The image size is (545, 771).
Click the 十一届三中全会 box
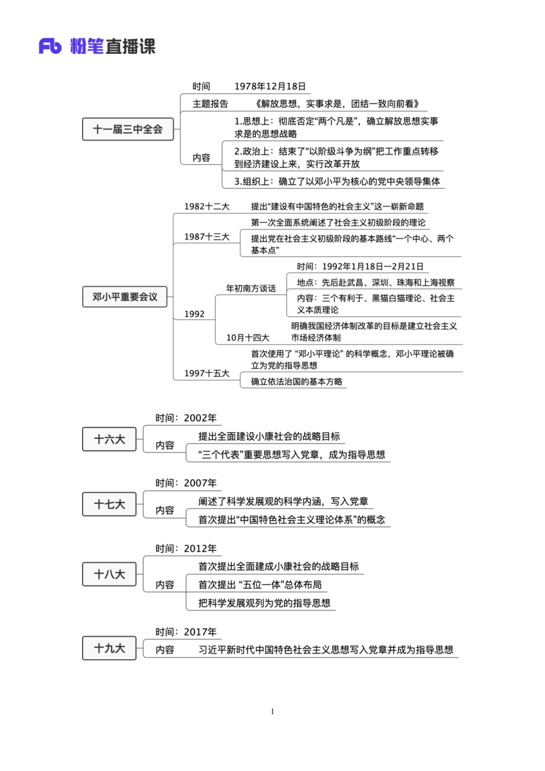[x=127, y=130]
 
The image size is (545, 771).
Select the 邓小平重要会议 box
[x=124, y=297]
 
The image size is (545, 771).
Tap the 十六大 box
[x=109, y=439]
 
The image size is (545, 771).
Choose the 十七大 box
[x=109, y=504]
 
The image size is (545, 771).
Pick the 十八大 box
[x=109, y=574]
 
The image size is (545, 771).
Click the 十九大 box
[x=109, y=648]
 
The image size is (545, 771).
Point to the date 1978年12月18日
[x=270, y=87]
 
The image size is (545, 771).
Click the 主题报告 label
[x=210, y=104]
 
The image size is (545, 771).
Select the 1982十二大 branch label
[x=207, y=207]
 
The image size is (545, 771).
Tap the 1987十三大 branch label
[x=207, y=237]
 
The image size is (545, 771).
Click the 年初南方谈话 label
[x=251, y=289]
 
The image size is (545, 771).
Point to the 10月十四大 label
[x=247, y=338]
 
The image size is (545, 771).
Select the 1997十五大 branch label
[x=207, y=373]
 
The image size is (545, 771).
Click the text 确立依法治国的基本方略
[x=296, y=381]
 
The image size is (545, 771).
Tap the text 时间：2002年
[x=186, y=418]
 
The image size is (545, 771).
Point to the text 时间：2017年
[x=186, y=632]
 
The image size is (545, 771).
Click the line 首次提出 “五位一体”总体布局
[x=260, y=585]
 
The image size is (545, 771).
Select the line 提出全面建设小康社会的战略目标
[x=269, y=437]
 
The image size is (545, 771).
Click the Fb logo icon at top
[x=50, y=46]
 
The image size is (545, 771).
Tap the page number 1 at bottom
[x=272, y=711]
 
